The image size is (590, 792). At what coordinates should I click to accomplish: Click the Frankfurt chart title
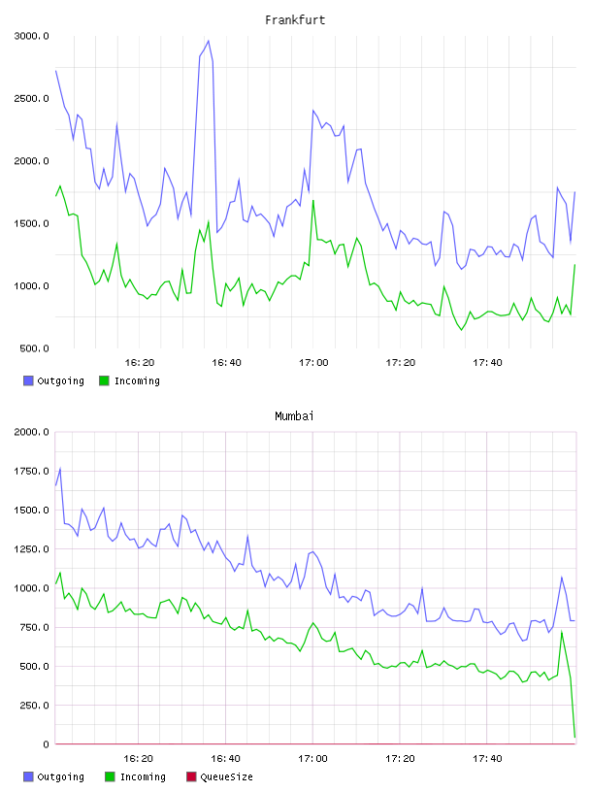(295, 19)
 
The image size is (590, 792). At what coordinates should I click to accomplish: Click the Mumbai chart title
(294, 415)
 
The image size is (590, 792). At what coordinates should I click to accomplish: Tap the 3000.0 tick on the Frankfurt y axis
(31, 36)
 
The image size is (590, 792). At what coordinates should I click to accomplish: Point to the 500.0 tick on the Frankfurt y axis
(34, 348)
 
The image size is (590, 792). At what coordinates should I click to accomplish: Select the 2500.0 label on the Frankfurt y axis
(31, 98)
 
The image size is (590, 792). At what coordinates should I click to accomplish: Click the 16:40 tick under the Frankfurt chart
(226, 362)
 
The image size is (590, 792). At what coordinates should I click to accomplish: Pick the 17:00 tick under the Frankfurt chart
(313, 362)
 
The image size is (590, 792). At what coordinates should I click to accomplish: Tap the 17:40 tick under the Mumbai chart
(487, 758)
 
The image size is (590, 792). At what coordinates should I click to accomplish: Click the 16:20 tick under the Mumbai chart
(139, 758)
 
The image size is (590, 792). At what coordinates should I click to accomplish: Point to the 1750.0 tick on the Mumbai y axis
(31, 472)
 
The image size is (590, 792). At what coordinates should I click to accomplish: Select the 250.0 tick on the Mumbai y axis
(34, 705)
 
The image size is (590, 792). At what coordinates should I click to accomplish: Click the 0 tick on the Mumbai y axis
(46, 744)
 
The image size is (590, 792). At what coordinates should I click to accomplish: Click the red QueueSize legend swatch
(191, 776)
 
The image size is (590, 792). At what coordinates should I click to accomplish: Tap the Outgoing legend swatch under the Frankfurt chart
(28, 380)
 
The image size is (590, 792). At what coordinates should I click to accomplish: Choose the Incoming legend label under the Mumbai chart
(143, 776)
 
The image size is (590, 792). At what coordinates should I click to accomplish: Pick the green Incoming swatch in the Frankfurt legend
(104, 380)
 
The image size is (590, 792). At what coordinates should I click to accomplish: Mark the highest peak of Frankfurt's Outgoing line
(208, 41)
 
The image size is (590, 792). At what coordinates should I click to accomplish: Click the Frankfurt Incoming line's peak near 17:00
(313, 201)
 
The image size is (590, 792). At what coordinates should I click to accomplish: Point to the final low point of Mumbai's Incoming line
(574, 737)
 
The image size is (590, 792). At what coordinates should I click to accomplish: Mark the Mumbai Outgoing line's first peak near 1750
(60, 468)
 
